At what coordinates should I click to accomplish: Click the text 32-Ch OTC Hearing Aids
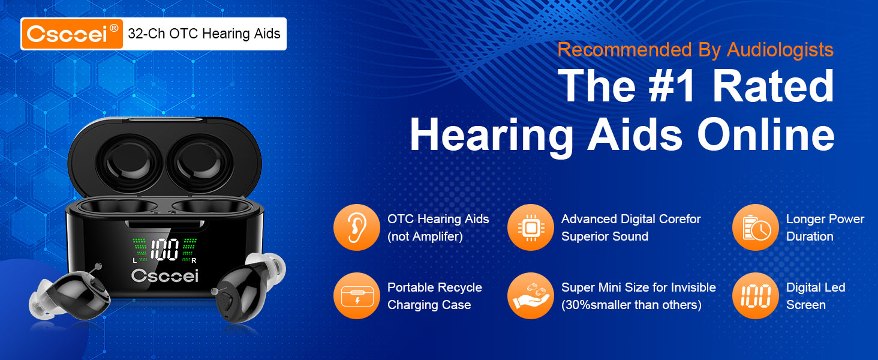(x=204, y=34)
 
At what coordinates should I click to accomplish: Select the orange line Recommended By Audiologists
(x=695, y=50)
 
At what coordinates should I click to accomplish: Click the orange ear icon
(x=356, y=227)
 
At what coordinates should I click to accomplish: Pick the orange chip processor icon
(x=530, y=227)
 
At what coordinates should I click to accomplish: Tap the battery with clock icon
(x=755, y=227)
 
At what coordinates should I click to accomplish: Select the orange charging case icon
(x=356, y=296)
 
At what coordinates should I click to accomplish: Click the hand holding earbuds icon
(x=530, y=296)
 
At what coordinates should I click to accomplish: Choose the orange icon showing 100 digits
(x=755, y=296)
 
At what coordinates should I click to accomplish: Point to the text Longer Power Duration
(x=825, y=228)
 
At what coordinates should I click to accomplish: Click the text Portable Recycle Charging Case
(x=434, y=296)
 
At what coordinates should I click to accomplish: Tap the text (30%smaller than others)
(x=631, y=305)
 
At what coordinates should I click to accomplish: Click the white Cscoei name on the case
(x=164, y=275)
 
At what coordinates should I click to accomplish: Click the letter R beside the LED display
(x=193, y=260)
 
